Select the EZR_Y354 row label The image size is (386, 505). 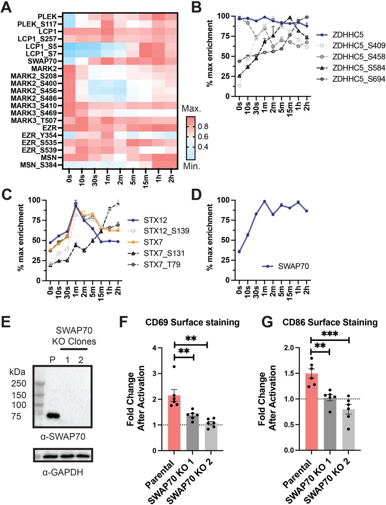(40, 135)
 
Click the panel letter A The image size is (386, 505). (7, 7)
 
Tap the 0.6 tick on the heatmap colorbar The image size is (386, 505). (205, 137)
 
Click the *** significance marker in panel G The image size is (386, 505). (330, 334)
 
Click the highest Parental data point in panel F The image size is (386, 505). (174, 367)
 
